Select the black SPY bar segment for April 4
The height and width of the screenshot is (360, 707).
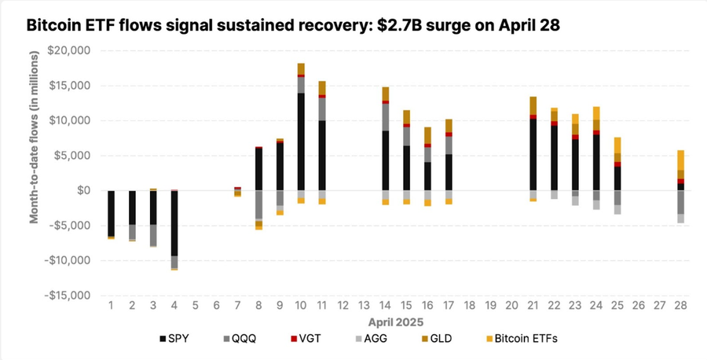(x=174, y=223)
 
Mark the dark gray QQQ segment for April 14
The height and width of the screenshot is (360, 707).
(x=386, y=117)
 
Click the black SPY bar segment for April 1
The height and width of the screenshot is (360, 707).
(x=111, y=213)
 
